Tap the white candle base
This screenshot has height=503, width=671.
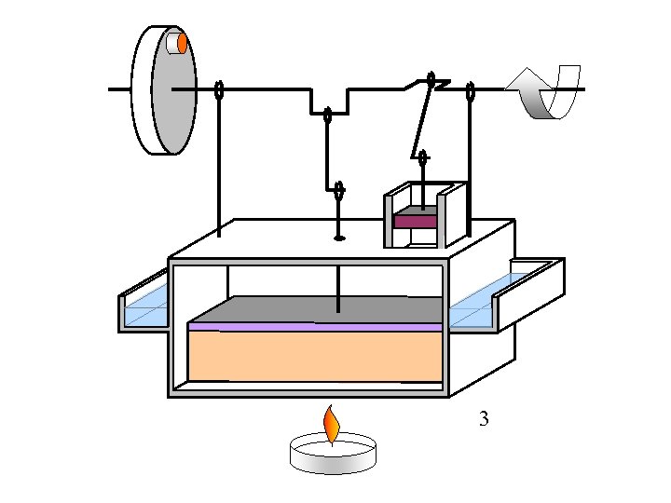pos(335,456)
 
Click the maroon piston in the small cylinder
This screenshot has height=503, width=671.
pos(416,221)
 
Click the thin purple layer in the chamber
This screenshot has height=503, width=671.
pos(315,327)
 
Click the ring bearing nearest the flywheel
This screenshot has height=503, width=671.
pos(219,90)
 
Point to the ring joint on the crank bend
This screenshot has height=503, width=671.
pos(328,116)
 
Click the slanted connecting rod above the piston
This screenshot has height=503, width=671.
pos(421,121)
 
